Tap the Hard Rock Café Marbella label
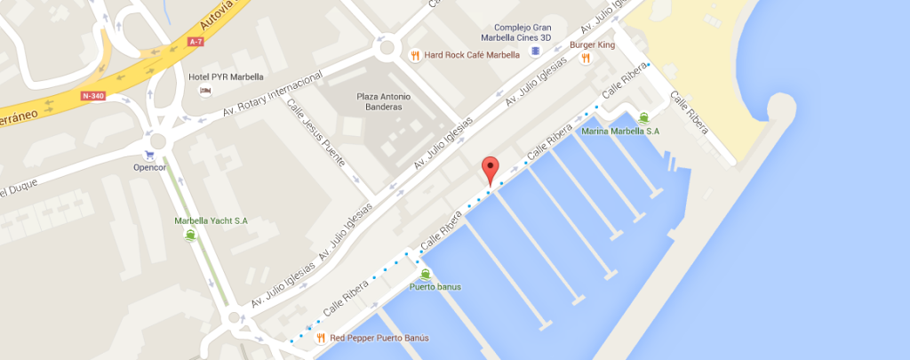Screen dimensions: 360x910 [472, 54]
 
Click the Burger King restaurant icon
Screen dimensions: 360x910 [585, 59]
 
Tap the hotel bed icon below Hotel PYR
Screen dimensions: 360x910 [205, 91]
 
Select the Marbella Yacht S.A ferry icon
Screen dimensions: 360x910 [190, 236]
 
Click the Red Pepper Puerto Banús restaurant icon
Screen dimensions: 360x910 [318, 338]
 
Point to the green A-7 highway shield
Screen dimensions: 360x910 [197, 40]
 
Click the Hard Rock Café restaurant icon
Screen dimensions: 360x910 [414, 54]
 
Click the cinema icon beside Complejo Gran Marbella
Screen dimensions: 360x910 [534, 52]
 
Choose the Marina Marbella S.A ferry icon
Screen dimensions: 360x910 [643, 116]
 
